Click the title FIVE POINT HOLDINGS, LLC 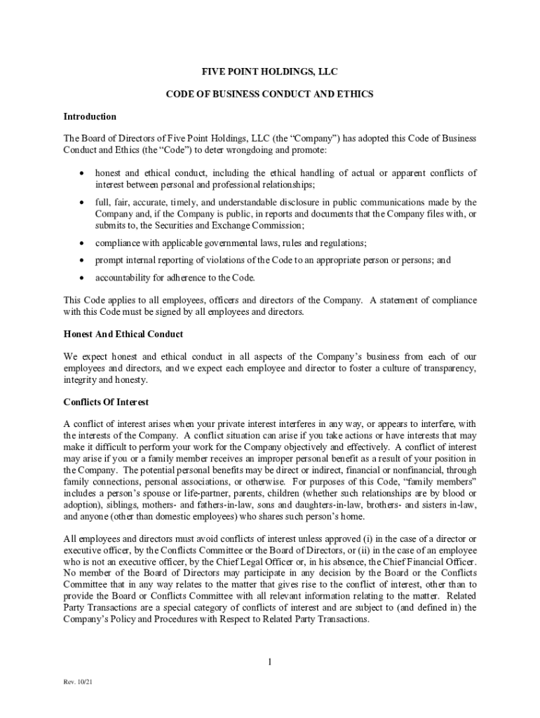point(270,72)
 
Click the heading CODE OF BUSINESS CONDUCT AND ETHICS point(270,94)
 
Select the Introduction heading point(90,116)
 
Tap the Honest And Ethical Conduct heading point(123,334)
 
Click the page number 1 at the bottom point(269,662)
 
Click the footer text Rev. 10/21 point(77,682)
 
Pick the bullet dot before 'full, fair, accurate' point(82,203)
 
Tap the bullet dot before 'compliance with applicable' point(82,243)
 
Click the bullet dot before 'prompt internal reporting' point(82,260)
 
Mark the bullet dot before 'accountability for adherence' point(82,278)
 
